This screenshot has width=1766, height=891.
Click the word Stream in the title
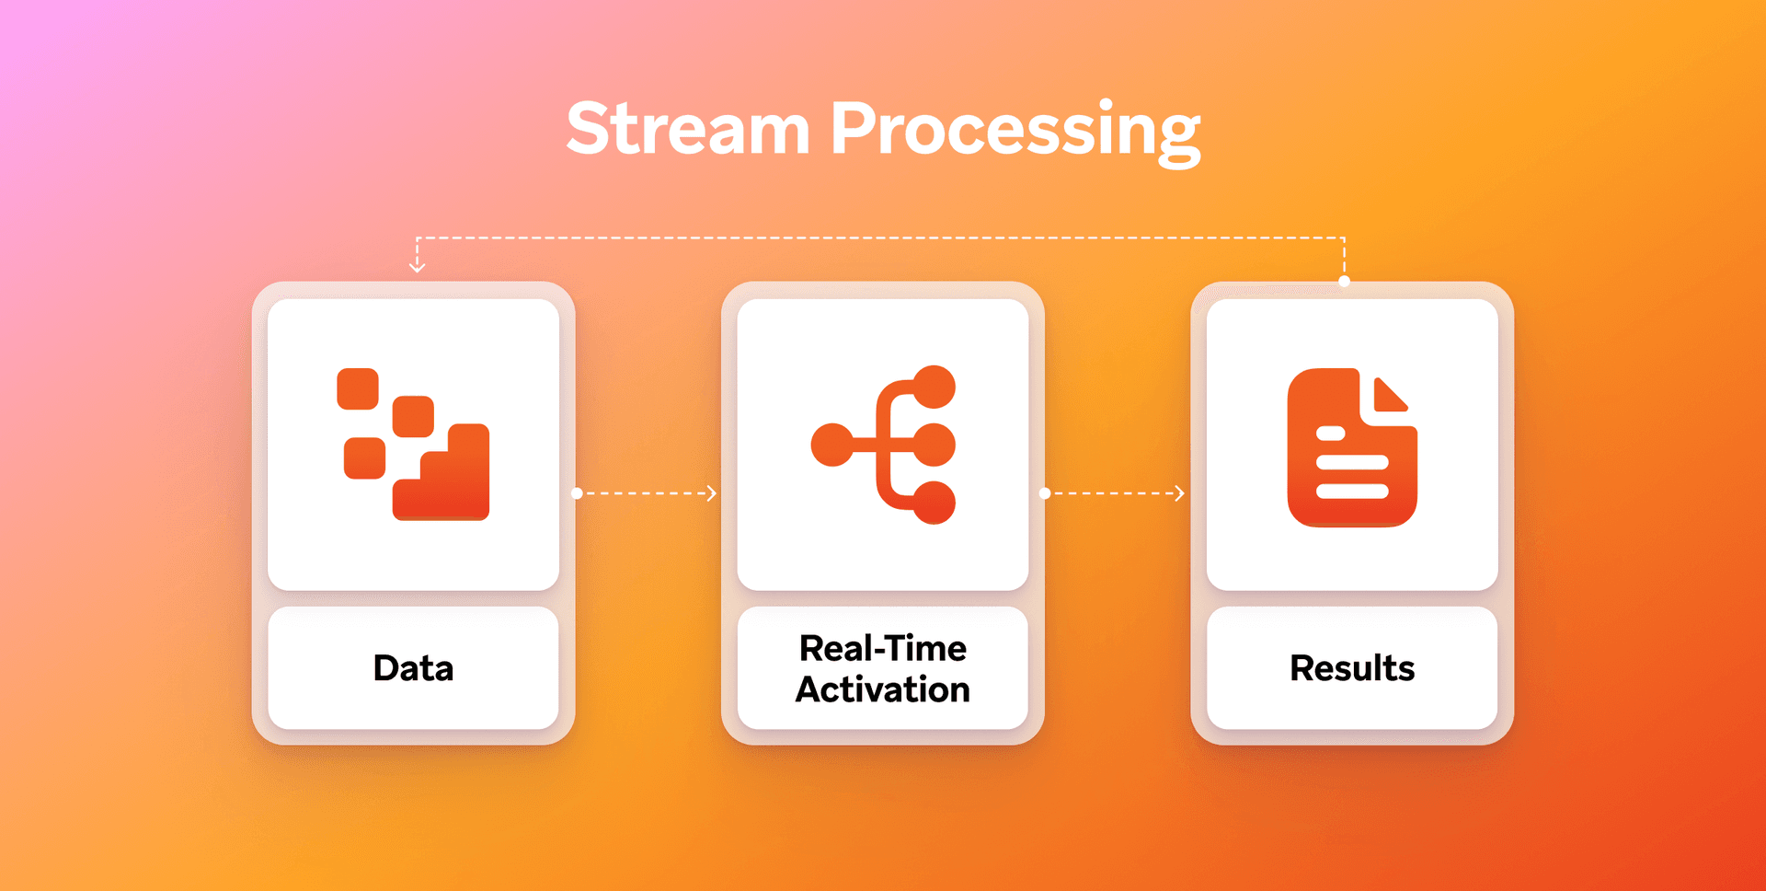pos(687,129)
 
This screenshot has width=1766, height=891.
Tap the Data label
pos(413,668)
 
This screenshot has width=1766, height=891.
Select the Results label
pos(1351,668)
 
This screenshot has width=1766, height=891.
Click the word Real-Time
pos(882,648)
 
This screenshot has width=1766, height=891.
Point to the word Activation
pos(882,689)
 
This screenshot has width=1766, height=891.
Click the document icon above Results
pos(1350,448)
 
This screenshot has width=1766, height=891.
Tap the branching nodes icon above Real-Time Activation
pos(883,445)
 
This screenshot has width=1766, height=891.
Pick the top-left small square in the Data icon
pos(358,388)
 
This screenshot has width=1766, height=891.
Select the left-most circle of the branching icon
pos(831,445)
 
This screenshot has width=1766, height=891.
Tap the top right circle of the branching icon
pos(935,387)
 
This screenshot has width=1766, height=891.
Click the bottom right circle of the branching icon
pos(935,503)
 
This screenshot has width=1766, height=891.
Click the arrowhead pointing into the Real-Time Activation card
pos(712,493)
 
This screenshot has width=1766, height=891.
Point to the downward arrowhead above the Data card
pos(417,267)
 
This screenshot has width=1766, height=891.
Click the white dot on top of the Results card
pos(1344,282)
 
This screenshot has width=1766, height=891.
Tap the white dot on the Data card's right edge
pos(577,493)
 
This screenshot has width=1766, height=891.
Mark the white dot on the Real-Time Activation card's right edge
pos(1045,493)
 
